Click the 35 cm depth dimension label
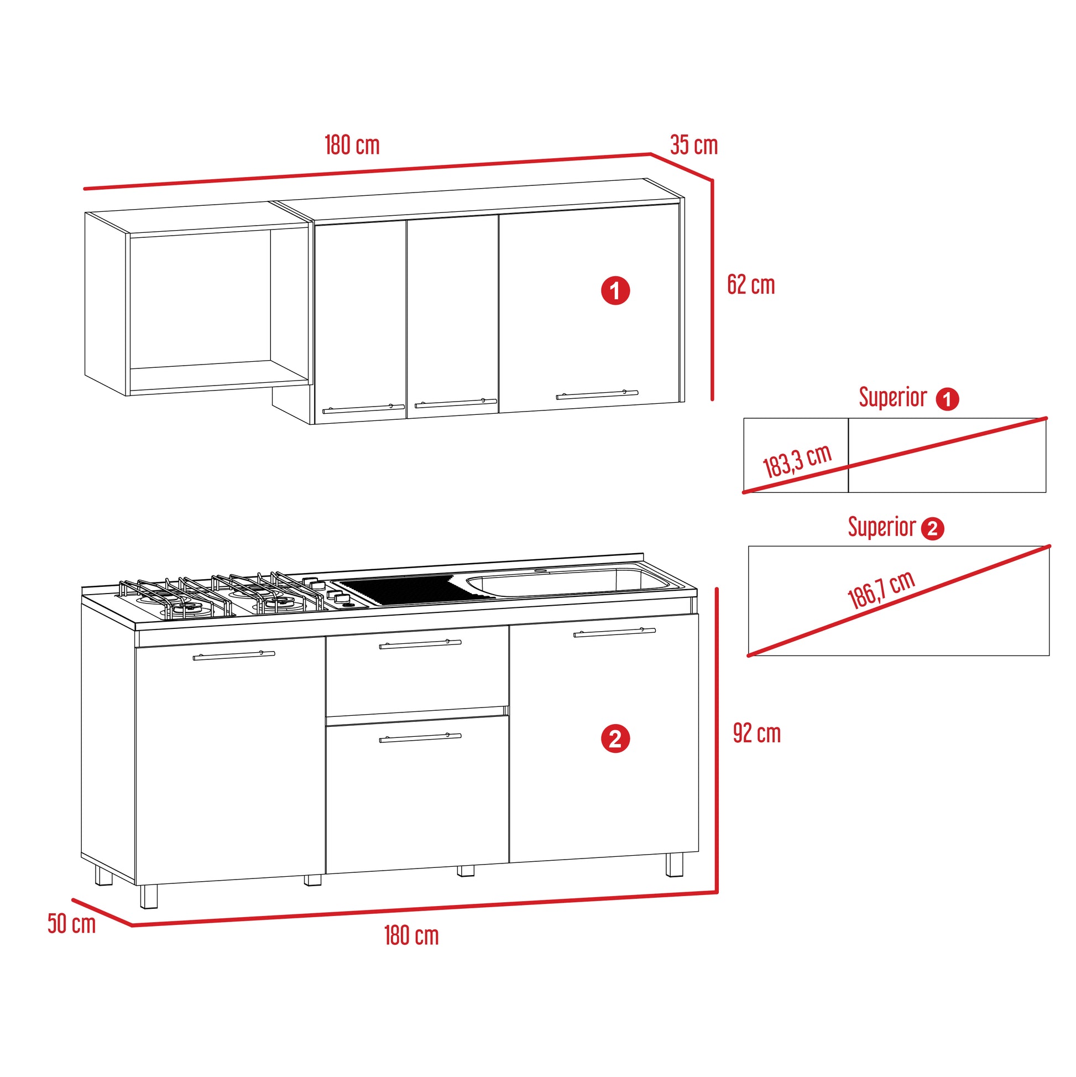coord(693,145)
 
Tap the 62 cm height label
coord(750,285)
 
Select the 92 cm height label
coord(757,733)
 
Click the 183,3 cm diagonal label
coord(797,461)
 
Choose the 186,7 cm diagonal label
coord(881,590)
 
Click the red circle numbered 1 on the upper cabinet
coord(615,290)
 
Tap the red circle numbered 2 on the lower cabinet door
coord(615,739)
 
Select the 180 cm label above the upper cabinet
coord(352,145)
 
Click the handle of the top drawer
coord(420,644)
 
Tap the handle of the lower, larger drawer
coord(420,738)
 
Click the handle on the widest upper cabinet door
coord(597,394)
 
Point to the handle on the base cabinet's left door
coord(234,655)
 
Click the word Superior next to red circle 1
coord(892,397)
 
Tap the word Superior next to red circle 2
coord(881,527)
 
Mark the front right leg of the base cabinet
coord(674,865)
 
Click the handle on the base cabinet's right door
coord(615,632)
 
